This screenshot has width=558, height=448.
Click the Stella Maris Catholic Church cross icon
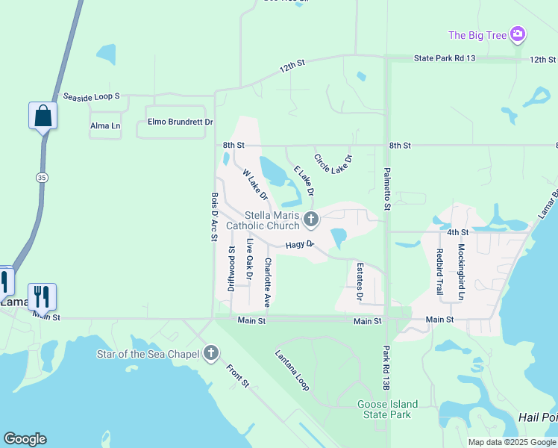click(x=311, y=220)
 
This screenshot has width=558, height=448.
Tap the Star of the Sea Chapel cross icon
click(x=211, y=352)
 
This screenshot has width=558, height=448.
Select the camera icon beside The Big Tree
click(x=518, y=34)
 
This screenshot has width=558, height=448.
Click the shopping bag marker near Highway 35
click(x=43, y=116)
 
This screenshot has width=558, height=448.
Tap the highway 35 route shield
click(x=42, y=176)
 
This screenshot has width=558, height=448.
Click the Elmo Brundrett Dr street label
click(x=180, y=122)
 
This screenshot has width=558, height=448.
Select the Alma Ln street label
click(x=105, y=126)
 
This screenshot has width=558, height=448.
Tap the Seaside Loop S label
click(x=91, y=97)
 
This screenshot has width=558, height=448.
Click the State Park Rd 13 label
click(x=444, y=58)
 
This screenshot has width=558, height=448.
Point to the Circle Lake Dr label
click(x=333, y=170)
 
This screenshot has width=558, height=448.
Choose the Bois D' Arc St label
click(x=214, y=217)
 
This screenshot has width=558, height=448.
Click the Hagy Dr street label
click(x=299, y=245)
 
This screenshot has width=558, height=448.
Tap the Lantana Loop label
click(x=292, y=370)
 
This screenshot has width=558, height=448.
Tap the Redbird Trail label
click(x=439, y=270)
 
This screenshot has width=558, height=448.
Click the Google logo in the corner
click(x=25, y=439)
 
